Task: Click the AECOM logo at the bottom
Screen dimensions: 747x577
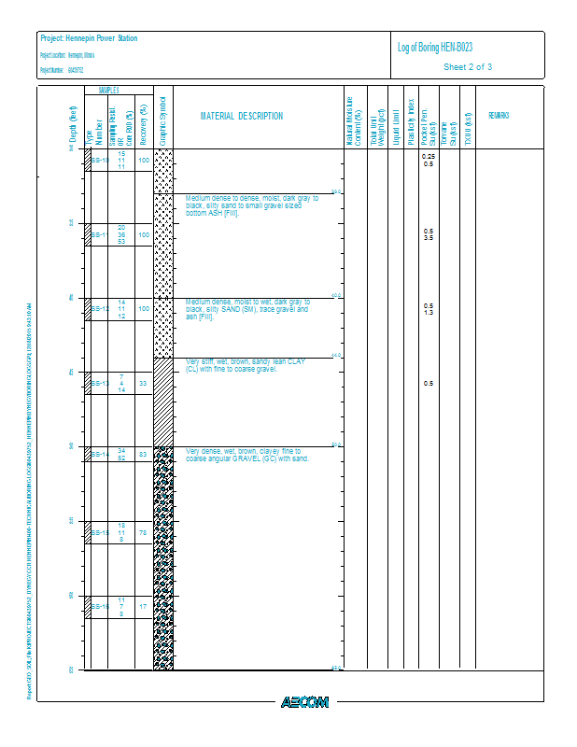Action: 304,702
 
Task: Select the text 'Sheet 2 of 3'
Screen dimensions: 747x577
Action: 468,67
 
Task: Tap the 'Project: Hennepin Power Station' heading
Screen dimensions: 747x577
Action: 89,38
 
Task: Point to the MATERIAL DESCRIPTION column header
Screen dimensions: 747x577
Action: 242,117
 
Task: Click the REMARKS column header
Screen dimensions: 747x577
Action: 499,116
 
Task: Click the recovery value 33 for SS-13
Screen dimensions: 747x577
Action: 143,383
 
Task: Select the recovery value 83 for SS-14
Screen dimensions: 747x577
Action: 143,455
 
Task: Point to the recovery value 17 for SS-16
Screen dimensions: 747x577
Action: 143,606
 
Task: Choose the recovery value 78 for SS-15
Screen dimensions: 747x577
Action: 143,532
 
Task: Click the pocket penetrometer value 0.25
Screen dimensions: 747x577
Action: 428,156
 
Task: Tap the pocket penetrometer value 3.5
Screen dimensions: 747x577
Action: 428,239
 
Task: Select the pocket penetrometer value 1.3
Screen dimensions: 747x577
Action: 428,313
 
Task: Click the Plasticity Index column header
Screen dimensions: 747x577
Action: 410,117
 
